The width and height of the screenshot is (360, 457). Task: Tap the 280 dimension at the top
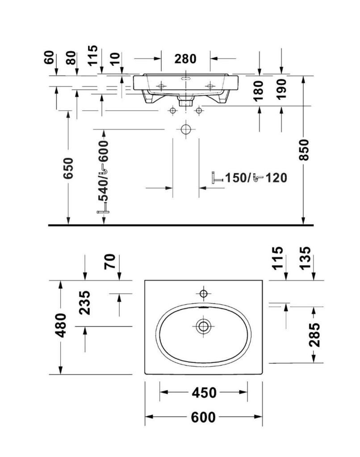click(185, 58)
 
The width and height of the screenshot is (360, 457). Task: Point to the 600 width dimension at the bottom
click(203, 417)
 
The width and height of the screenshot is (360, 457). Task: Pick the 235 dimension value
click(84, 302)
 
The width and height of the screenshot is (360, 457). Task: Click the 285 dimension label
click(314, 335)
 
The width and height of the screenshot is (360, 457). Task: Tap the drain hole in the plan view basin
click(203, 326)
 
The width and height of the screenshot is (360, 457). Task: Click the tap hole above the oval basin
click(203, 293)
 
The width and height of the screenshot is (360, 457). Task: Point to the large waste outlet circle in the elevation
click(185, 129)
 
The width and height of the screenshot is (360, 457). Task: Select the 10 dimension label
click(114, 58)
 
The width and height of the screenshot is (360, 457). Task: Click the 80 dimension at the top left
click(71, 58)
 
